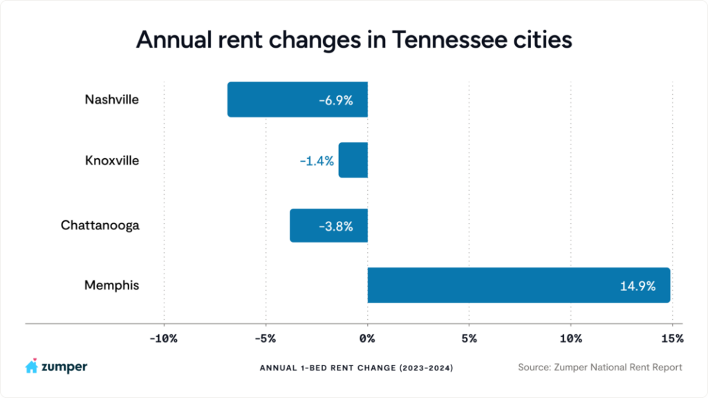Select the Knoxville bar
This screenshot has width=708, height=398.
click(353, 160)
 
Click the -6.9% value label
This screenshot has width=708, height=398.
click(336, 100)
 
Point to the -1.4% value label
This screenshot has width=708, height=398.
click(317, 161)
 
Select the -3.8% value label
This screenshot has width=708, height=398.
click(336, 226)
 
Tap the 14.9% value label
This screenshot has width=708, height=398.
click(637, 285)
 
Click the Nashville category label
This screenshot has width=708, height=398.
click(111, 99)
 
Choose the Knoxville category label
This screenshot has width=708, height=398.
click(112, 160)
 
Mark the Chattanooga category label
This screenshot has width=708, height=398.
click(100, 225)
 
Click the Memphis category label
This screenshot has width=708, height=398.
click(111, 285)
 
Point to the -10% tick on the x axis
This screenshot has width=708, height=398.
click(164, 339)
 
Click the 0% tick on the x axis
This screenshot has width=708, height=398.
click(367, 339)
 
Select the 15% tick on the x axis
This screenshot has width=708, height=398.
click(671, 339)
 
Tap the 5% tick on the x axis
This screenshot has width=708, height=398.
click(469, 339)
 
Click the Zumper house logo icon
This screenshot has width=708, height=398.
click(31, 367)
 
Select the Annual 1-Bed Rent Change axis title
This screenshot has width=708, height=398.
click(356, 368)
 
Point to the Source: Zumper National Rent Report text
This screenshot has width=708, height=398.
click(599, 368)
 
